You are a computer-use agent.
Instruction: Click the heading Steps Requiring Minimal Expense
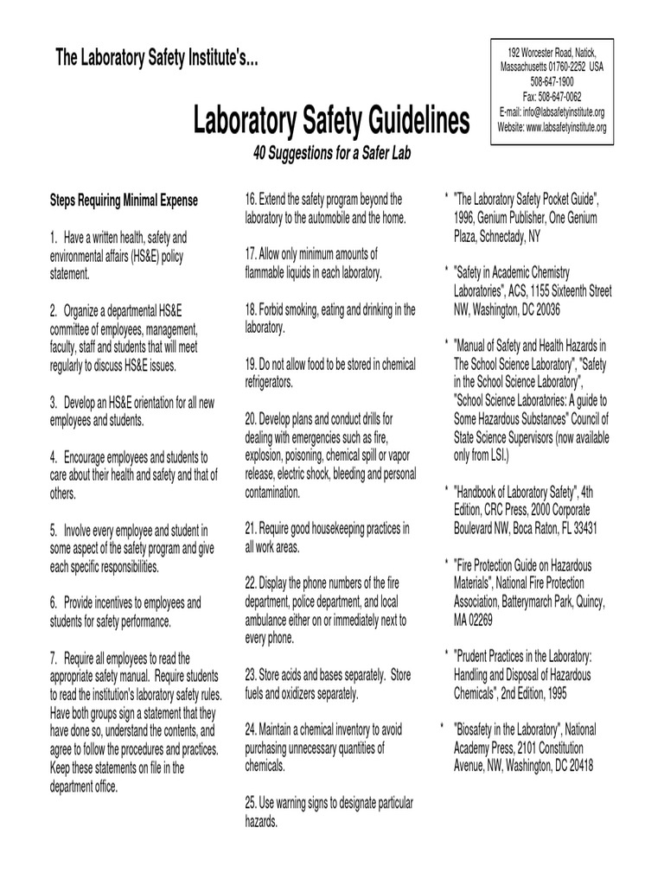click(124, 201)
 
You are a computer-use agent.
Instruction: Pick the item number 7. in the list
click(54, 659)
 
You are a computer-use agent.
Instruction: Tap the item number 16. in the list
click(252, 200)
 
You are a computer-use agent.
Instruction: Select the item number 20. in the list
click(252, 417)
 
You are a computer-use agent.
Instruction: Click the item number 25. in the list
click(252, 804)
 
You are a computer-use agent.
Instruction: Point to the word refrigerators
click(270, 381)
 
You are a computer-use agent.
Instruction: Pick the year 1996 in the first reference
click(467, 219)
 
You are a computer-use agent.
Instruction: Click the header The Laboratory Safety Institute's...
click(156, 58)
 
